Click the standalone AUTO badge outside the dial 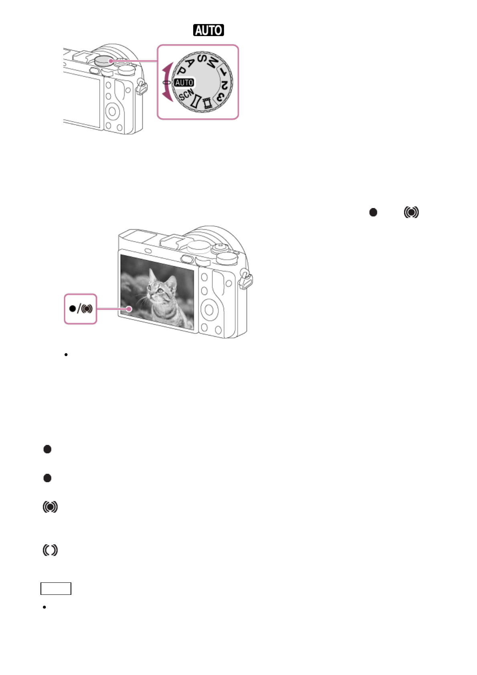[208, 30]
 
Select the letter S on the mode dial [202, 59]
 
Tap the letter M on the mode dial [214, 63]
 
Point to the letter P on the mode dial [182, 71]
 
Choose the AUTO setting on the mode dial [184, 83]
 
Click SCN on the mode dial [186, 95]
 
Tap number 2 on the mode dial [225, 85]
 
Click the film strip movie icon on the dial [207, 103]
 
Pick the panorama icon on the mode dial [196, 101]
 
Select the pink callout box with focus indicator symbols [81, 309]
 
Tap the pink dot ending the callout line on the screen [129, 309]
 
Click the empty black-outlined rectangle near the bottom [56, 588]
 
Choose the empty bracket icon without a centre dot [50, 550]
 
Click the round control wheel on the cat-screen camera [208, 309]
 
